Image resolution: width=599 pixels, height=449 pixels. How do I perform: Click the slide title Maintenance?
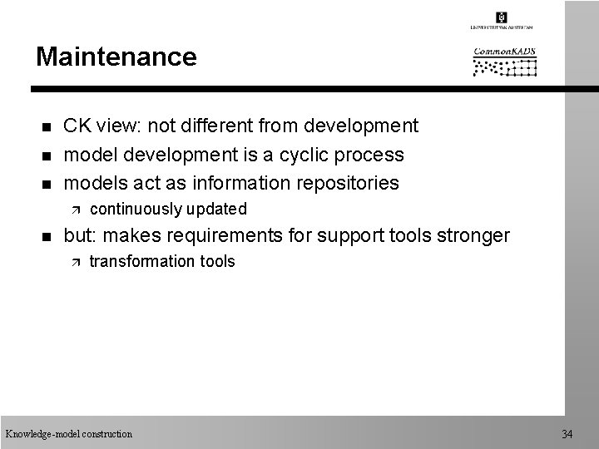click(116, 57)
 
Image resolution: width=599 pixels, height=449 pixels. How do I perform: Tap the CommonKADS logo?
click(505, 62)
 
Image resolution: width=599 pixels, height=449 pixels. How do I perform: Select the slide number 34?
click(567, 433)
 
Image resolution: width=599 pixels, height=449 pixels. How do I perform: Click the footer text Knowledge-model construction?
click(68, 433)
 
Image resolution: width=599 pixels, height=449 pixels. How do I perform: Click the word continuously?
click(136, 209)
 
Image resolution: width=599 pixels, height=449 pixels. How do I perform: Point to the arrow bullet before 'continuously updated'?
click(75, 210)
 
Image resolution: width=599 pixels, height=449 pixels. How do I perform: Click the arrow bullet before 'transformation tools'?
click(75, 263)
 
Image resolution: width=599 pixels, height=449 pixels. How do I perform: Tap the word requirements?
click(239, 236)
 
